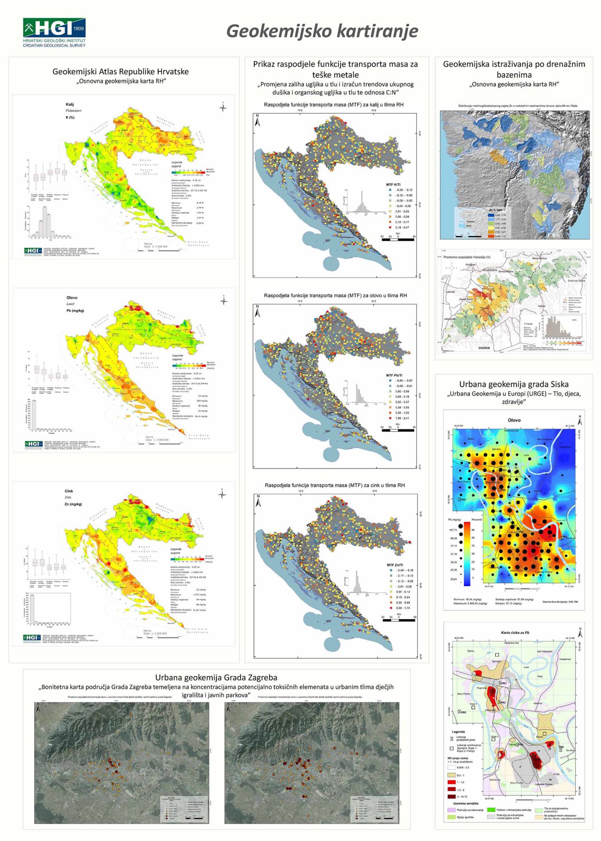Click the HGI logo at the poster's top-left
54,32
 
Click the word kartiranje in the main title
370,31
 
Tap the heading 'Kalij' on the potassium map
69,105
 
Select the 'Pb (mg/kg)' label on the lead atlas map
75,311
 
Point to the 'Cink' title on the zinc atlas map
69,491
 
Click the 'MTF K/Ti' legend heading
393,184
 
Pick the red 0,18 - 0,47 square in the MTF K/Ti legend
391,228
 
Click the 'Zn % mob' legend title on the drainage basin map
495,210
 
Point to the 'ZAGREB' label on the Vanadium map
484,348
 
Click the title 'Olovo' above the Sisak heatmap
514,420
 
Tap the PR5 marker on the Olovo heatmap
462,500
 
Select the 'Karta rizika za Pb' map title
515,633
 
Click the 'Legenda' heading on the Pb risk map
458,732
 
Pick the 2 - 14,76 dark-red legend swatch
452,796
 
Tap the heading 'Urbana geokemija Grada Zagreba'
216,678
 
